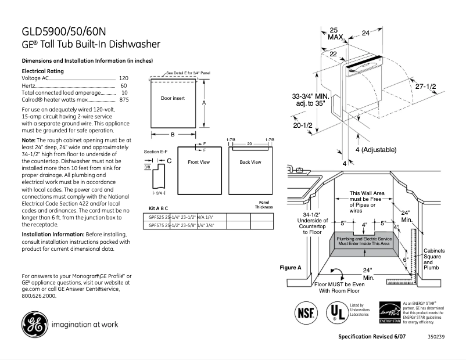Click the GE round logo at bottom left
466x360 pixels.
(35, 325)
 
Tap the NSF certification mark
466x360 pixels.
(306, 312)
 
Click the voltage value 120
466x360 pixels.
(123, 78)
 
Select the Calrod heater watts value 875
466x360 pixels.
(123, 100)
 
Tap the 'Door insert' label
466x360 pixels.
(173, 99)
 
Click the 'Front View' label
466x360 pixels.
(198, 163)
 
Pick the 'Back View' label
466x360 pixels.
(250, 163)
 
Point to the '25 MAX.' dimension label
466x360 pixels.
(335, 33)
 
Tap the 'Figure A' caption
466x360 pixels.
(291, 268)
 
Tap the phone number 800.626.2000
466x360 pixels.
(39, 296)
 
